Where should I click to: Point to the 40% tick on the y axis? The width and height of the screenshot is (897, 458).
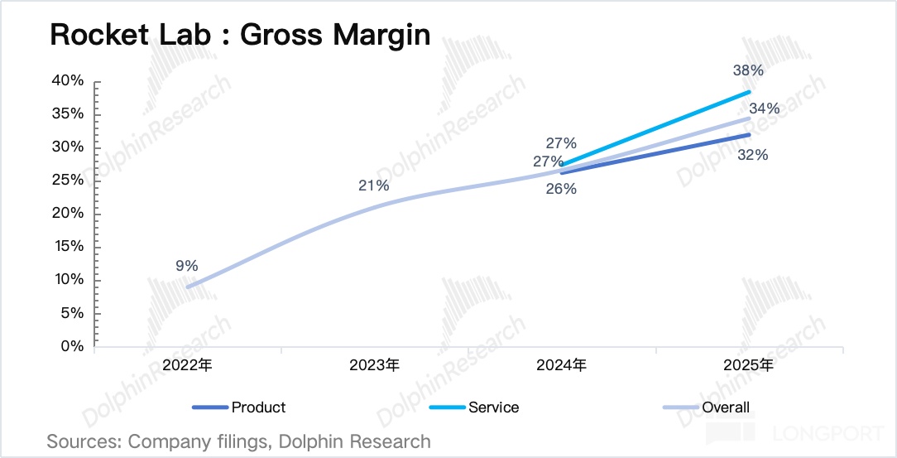[x=68, y=80]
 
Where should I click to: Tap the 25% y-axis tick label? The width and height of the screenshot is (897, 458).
[x=68, y=181]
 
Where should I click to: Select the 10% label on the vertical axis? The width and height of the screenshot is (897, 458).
[x=68, y=280]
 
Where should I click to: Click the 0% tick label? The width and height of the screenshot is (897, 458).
[x=72, y=346]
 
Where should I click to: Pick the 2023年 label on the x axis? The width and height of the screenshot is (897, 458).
[x=374, y=365]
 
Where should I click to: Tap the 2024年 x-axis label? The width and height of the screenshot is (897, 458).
[x=561, y=365]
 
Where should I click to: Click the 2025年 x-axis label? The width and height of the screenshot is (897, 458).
[x=748, y=365]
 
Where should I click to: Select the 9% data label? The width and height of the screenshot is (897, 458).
[x=186, y=266]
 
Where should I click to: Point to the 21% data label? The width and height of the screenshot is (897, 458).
[x=374, y=186]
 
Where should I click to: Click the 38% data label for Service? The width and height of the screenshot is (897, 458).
[x=748, y=70]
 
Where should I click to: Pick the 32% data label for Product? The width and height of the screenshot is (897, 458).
[x=754, y=155]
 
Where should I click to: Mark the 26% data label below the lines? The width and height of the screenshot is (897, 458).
[x=561, y=189]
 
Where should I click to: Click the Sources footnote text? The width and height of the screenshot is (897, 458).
[x=238, y=441]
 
